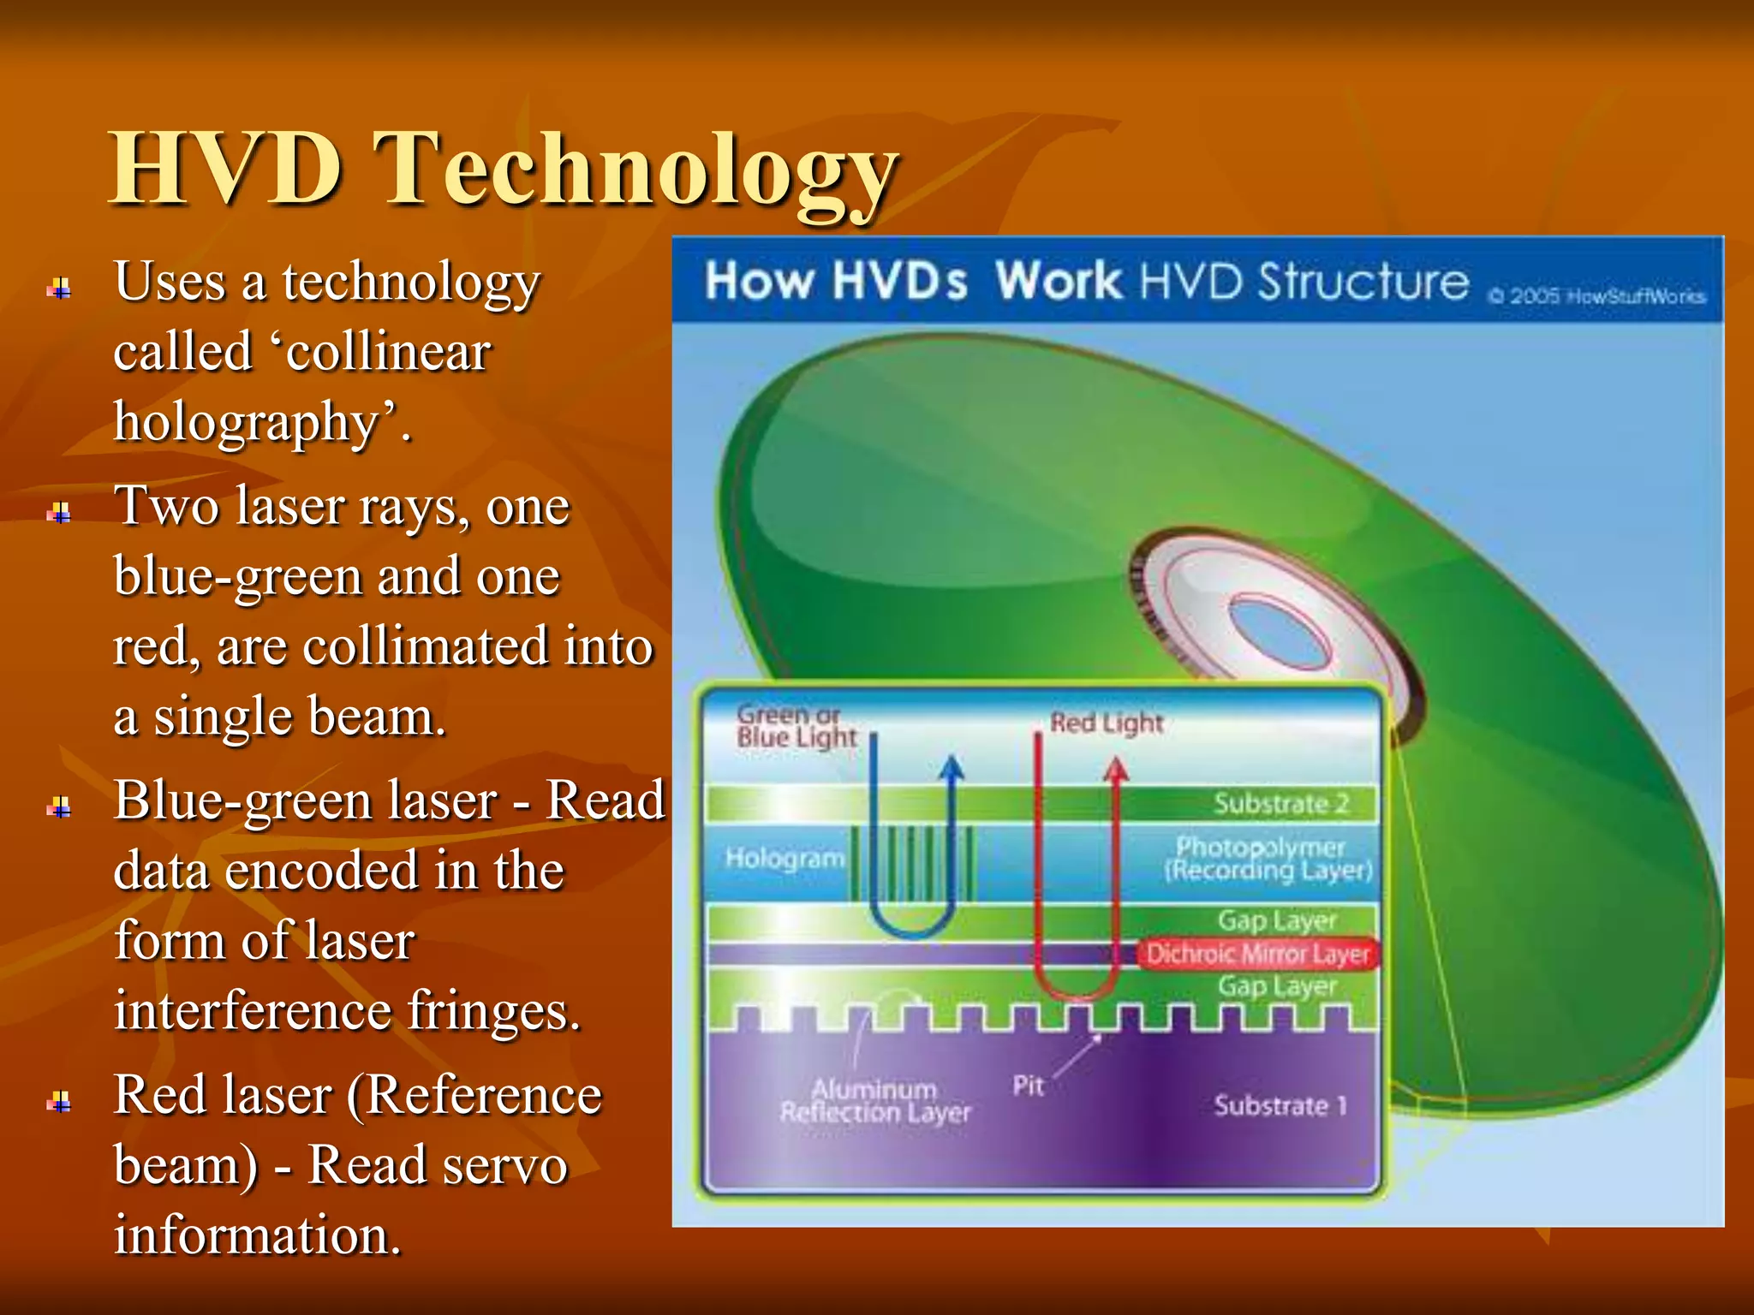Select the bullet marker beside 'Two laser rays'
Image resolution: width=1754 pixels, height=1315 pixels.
pos(59,513)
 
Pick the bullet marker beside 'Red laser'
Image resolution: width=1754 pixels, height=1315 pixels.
pos(59,1101)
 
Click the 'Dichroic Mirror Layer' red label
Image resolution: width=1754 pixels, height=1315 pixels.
pos(1258,954)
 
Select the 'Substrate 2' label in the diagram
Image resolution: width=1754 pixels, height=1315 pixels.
pos(1280,804)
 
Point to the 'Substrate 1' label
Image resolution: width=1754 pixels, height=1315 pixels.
pos(1280,1105)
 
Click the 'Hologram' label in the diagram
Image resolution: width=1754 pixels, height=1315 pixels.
pos(785,858)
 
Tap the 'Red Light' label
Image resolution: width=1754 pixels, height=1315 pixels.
pos(1107,723)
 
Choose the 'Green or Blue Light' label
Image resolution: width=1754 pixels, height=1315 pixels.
pos(796,726)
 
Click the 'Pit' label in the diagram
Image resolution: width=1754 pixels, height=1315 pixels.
pos(1028,1086)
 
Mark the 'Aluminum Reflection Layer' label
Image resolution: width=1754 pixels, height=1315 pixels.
pos(875,1101)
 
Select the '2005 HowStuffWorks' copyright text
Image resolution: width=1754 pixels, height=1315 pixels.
pos(1598,296)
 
